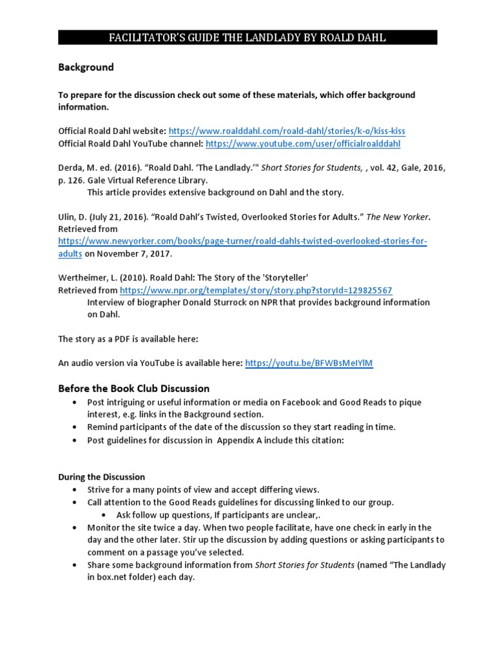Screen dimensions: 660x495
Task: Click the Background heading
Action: (86, 67)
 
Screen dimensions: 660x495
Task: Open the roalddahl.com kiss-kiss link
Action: (287, 131)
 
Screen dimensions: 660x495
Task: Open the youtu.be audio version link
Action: (309, 364)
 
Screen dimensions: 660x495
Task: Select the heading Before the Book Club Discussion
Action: (133, 389)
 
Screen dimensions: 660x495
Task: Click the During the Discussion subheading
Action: (101, 477)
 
